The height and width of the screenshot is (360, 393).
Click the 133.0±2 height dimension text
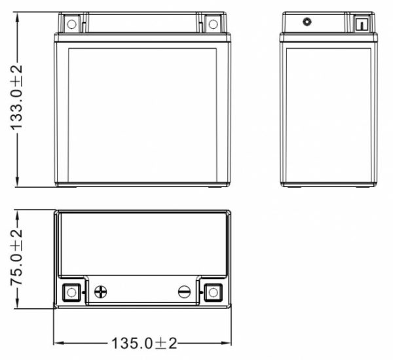16,98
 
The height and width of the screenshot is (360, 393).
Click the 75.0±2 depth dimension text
16,257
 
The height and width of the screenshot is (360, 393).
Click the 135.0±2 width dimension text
144,343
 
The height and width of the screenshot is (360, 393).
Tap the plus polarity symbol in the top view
100,292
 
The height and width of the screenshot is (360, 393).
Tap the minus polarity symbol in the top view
184,292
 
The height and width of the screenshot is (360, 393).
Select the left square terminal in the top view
71,293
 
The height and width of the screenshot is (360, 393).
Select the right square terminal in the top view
213,293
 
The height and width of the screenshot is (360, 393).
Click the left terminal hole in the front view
71,24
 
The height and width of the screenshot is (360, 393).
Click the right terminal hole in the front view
213,24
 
